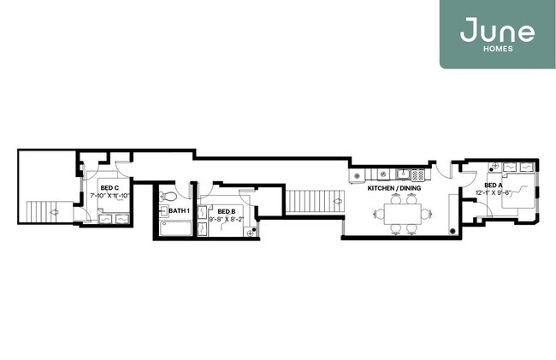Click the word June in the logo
tap(497, 32)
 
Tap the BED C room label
tap(109, 187)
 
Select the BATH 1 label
tap(179, 210)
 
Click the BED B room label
tap(226, 210)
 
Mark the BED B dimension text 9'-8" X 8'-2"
tap(227, 219)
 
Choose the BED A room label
tap(494, 185)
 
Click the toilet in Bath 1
tap(171, 195)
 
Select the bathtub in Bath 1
tap(174, 228)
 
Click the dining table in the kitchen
tap(402, 213)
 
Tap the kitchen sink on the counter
tap(400, 175)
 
